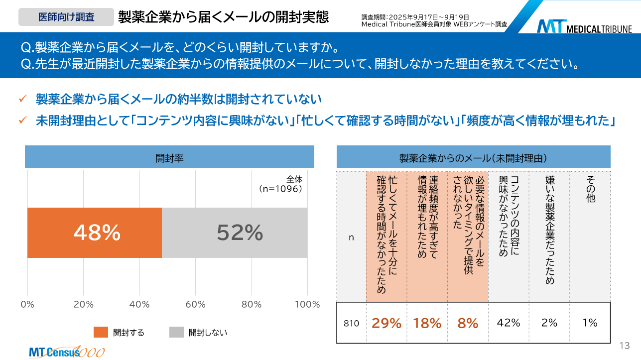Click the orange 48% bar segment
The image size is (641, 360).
point(95,233)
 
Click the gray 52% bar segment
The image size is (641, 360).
point(235,233)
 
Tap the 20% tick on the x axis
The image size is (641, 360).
point(84,305)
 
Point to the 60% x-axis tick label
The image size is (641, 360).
point(196,305)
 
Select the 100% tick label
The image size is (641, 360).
point(307,305)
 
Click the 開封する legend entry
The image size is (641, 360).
point(120,332)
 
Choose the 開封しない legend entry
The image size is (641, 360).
point(198,332)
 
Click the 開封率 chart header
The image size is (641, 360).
point(169,158)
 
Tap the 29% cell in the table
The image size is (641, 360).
point(386,323)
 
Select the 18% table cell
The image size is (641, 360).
point(427,323)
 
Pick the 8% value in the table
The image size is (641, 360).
point(468,323)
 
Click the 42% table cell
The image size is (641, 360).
point(509,323)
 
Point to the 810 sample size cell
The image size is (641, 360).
point(351,323)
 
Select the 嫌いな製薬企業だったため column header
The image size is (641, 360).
point(549,229)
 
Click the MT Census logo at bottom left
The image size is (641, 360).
point(66,352)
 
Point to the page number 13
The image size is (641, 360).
point(625,346)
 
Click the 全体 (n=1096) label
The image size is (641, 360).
point(281,184)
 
